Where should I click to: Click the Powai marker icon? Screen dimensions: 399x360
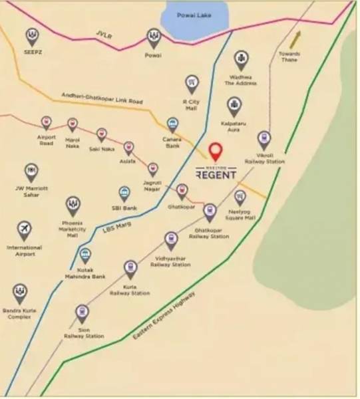pyautogui.click(x=154, y=37)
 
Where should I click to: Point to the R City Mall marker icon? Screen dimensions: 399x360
pyautogui.click(x=192, y=84)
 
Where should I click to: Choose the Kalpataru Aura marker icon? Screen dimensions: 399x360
pyautogui.click(x=234, y=106)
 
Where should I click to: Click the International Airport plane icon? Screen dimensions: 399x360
pyautogui.click(x=25, y=230)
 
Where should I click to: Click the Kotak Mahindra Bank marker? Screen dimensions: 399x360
pyautogui.click(x=85, y=255)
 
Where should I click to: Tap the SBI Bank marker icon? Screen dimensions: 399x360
pyautogui.click(x=124, y=194)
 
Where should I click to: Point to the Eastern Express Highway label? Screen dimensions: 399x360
pyautogui.click(x=164, y=316)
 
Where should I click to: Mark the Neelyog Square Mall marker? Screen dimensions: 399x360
pyautogui.click(x=240, y=198)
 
